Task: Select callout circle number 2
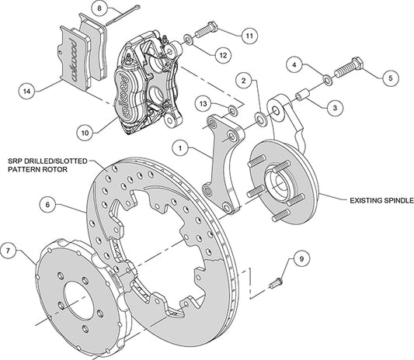(x=243, y=81)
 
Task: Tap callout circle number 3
(x=332, y=109)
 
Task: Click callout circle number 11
(x=248, y=36)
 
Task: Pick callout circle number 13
(x=203, y=103)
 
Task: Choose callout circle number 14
(x=28, y=91)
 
